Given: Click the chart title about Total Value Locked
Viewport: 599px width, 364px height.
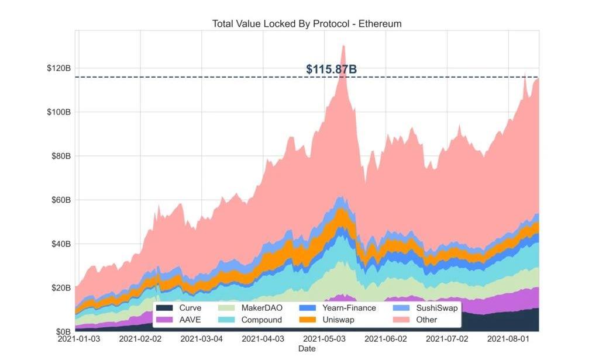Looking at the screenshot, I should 307,24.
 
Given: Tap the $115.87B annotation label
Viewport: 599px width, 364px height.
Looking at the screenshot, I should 331,70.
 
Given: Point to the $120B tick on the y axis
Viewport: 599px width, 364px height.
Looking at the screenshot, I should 59,68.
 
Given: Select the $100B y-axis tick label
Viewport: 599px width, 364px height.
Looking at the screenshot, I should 59,112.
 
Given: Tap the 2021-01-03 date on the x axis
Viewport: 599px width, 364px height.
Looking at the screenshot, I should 79,339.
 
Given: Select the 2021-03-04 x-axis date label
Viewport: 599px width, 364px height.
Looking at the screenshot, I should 201,339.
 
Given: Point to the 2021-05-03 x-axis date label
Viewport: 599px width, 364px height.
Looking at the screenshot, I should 324,339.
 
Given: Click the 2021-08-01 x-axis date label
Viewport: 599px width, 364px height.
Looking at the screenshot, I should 508,339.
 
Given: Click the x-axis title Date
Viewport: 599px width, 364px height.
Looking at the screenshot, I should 307,349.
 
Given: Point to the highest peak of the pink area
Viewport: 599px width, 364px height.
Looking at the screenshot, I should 343,46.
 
